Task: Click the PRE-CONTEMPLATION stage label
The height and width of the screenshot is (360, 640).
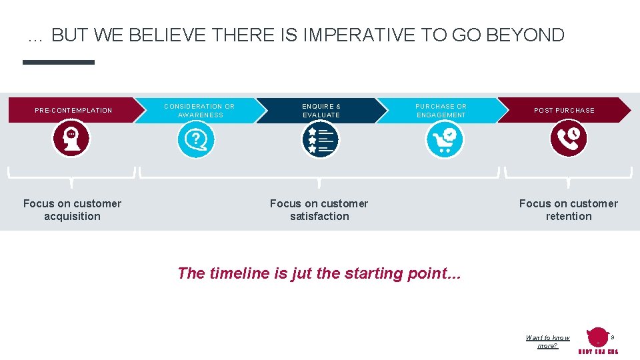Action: point(73,111)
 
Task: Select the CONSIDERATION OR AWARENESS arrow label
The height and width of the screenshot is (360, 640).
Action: point(199,111)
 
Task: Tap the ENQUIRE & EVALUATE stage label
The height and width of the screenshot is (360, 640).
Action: point(321,111)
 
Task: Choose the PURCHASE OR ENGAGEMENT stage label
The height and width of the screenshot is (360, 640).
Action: point(441,111)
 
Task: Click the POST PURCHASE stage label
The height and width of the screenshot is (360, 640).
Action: point(564,111)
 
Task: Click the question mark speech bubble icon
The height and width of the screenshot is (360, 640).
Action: point(196,140)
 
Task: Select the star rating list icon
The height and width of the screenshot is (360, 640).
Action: point(320,140)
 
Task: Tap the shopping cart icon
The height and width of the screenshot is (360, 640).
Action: point(444,140)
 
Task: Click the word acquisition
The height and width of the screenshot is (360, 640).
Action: point(72,217)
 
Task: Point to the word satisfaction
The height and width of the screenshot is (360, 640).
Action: point(319,217)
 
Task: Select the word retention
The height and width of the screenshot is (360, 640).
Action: point(568,217)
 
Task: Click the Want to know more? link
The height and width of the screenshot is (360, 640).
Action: point(547,342)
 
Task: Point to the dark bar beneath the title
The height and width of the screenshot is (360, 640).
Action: point(59,62)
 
